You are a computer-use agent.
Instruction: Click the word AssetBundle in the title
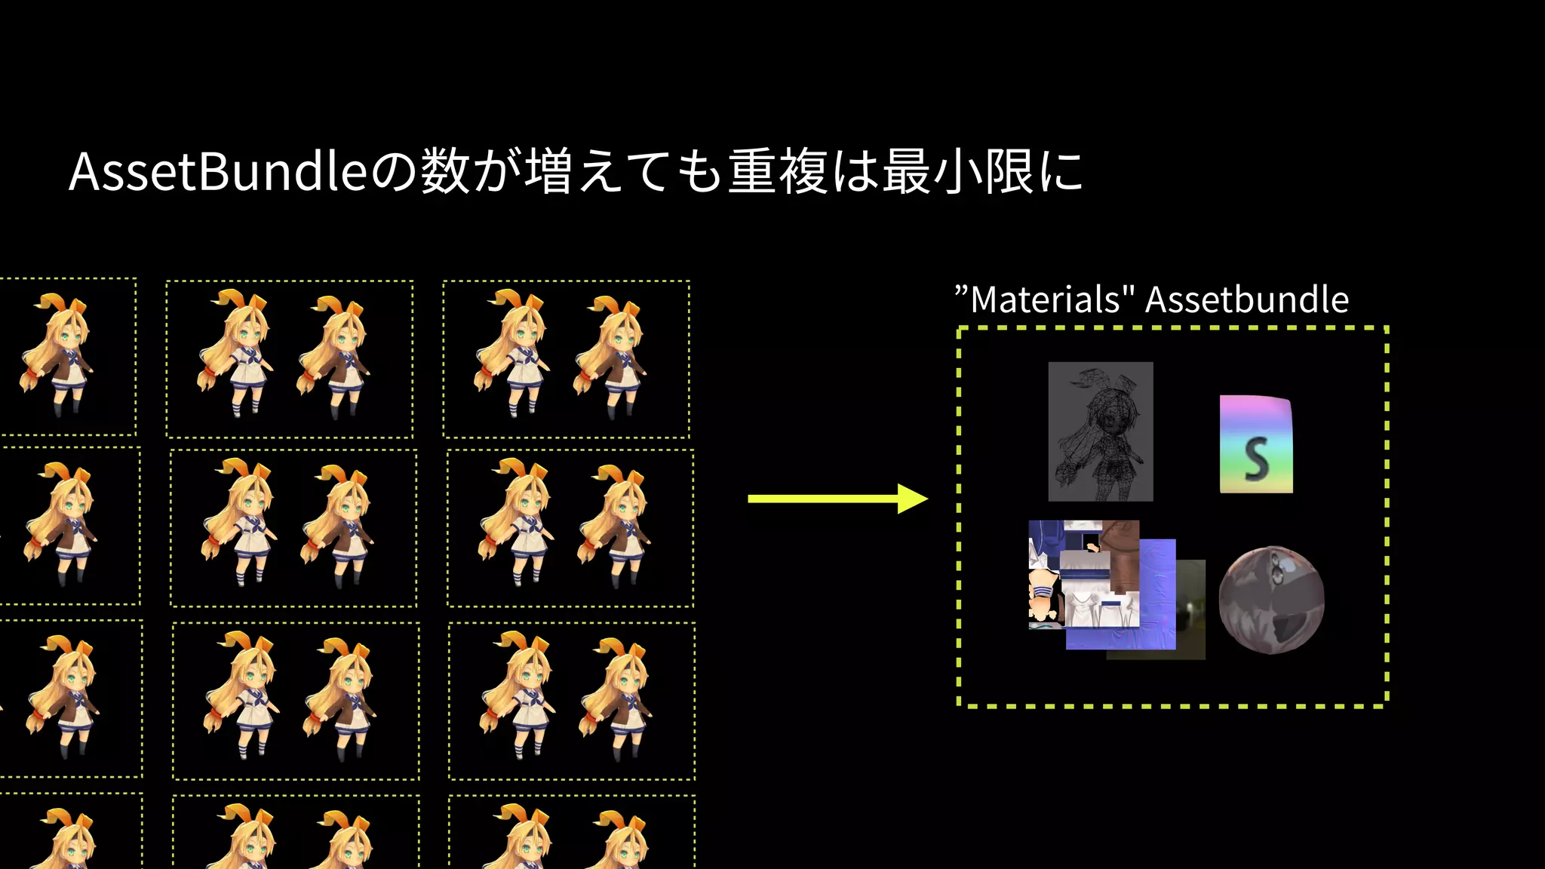tap(217, 172)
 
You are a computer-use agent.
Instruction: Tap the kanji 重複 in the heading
tap(778, 172)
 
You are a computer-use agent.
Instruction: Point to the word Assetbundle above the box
tap(1246, 300)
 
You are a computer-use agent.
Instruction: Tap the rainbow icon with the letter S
tap(1255, 444)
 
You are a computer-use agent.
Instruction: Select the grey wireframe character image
tap(1100, 431)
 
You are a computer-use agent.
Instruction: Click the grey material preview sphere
tap(1271, 600)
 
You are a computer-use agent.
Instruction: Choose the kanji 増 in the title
tap(548, 172)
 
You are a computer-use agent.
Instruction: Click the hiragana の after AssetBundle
tap(394, 172)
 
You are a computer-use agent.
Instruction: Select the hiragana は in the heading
tap(855, 172)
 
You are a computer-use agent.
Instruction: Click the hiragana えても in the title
tap(650, 172)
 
